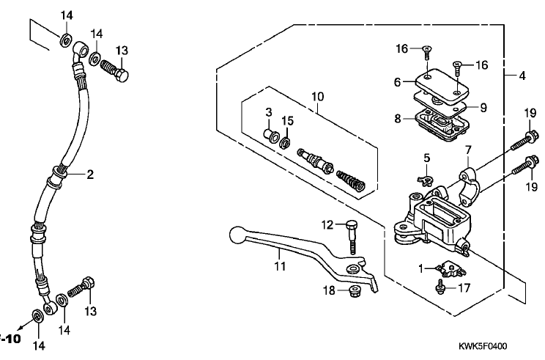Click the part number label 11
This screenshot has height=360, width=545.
[280, 266]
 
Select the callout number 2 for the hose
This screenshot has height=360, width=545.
[90, 175]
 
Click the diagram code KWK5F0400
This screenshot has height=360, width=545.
[483, 346]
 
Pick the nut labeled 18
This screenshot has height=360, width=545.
[354, 290]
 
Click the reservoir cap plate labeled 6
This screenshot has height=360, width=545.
[442, 87]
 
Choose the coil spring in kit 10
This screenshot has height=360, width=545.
[351, 180]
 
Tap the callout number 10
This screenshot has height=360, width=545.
[317, 96]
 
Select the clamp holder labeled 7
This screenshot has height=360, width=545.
[470, 184]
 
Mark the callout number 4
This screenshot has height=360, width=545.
[522, 76]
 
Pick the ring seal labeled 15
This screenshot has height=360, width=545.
[286, 142]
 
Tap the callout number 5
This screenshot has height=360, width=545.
[426, 158]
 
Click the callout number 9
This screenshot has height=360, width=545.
[483, 108]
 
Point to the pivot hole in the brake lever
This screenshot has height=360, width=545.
[354, 269]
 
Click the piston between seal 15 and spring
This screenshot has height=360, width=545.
[315, 161]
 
